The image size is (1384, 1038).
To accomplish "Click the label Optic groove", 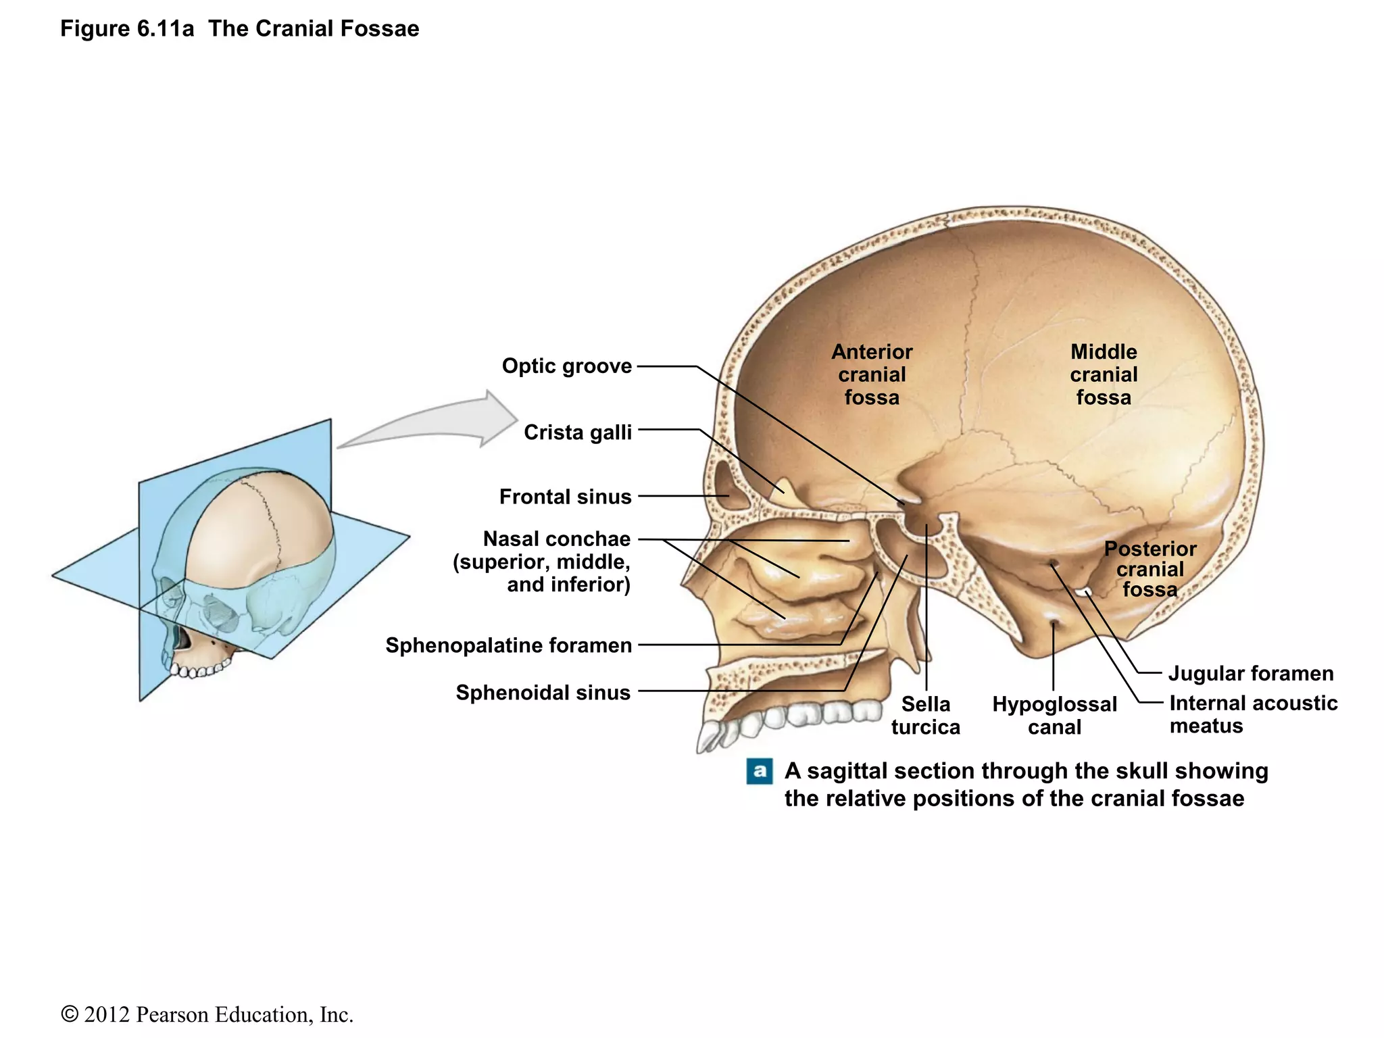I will coord(566,366).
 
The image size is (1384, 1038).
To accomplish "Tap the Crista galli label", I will coord(577,432).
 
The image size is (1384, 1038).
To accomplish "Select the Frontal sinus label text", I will coord(565,497).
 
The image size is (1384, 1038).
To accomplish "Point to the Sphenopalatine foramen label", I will coord(508,645).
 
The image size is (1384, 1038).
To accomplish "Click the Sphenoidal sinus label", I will coord(543,693).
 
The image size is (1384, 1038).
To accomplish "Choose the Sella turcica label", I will coord(925,716).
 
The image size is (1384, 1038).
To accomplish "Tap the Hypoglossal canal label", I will coord(1054,716).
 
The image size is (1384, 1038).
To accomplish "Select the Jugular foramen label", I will coord(1251,674).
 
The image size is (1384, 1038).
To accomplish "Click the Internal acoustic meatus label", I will coord(1252,714).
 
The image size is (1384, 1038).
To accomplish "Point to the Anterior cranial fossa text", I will coord(872,374).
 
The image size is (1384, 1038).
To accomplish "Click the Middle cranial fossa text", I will coord(1104,374).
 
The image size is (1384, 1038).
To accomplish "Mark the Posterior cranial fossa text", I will coord(1150,569).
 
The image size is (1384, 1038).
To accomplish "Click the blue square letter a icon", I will coord(760,771).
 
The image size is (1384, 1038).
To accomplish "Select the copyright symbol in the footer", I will coord(69,1015).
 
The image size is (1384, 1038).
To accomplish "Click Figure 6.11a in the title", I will coord(127,29).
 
